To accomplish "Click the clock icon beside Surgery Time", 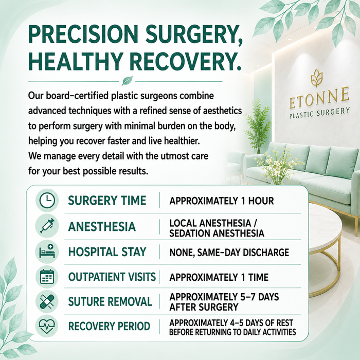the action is [47, 200].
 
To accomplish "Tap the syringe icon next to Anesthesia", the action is [47, 226].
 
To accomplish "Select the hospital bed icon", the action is [47, 251].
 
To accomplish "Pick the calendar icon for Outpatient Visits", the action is [47, 277].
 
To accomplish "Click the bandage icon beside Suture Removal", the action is [47, 301].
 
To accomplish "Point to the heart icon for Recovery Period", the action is [47, 326].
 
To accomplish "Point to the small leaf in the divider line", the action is [127, 81].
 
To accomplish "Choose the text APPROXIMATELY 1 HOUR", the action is [222, 201].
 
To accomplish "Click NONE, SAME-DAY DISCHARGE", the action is [229, 253].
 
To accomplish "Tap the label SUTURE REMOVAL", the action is [110, 301].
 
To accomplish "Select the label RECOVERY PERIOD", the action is [109, 326].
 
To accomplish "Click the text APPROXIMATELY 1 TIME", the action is [219, 277].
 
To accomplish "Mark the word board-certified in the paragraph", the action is [77, 96].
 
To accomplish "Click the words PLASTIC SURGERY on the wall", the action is [319, 113].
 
